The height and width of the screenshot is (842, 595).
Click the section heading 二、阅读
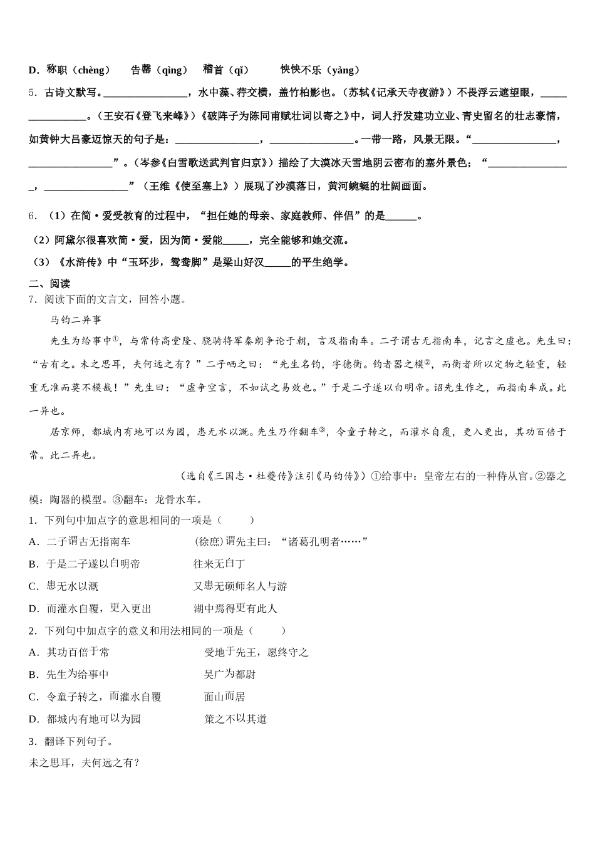49,284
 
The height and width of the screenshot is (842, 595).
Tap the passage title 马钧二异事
75,320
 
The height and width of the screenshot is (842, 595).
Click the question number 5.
33,93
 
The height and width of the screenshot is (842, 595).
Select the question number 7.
33,299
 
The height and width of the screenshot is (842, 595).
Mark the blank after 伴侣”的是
401,217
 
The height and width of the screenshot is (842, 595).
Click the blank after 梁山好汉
278,263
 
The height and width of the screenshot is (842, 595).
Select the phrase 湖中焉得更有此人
235,608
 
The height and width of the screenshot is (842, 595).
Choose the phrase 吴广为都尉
229,675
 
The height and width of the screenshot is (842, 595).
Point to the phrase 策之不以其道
235,719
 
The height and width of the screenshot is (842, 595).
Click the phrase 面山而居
224,697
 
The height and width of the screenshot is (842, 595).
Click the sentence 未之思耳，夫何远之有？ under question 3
85,763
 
